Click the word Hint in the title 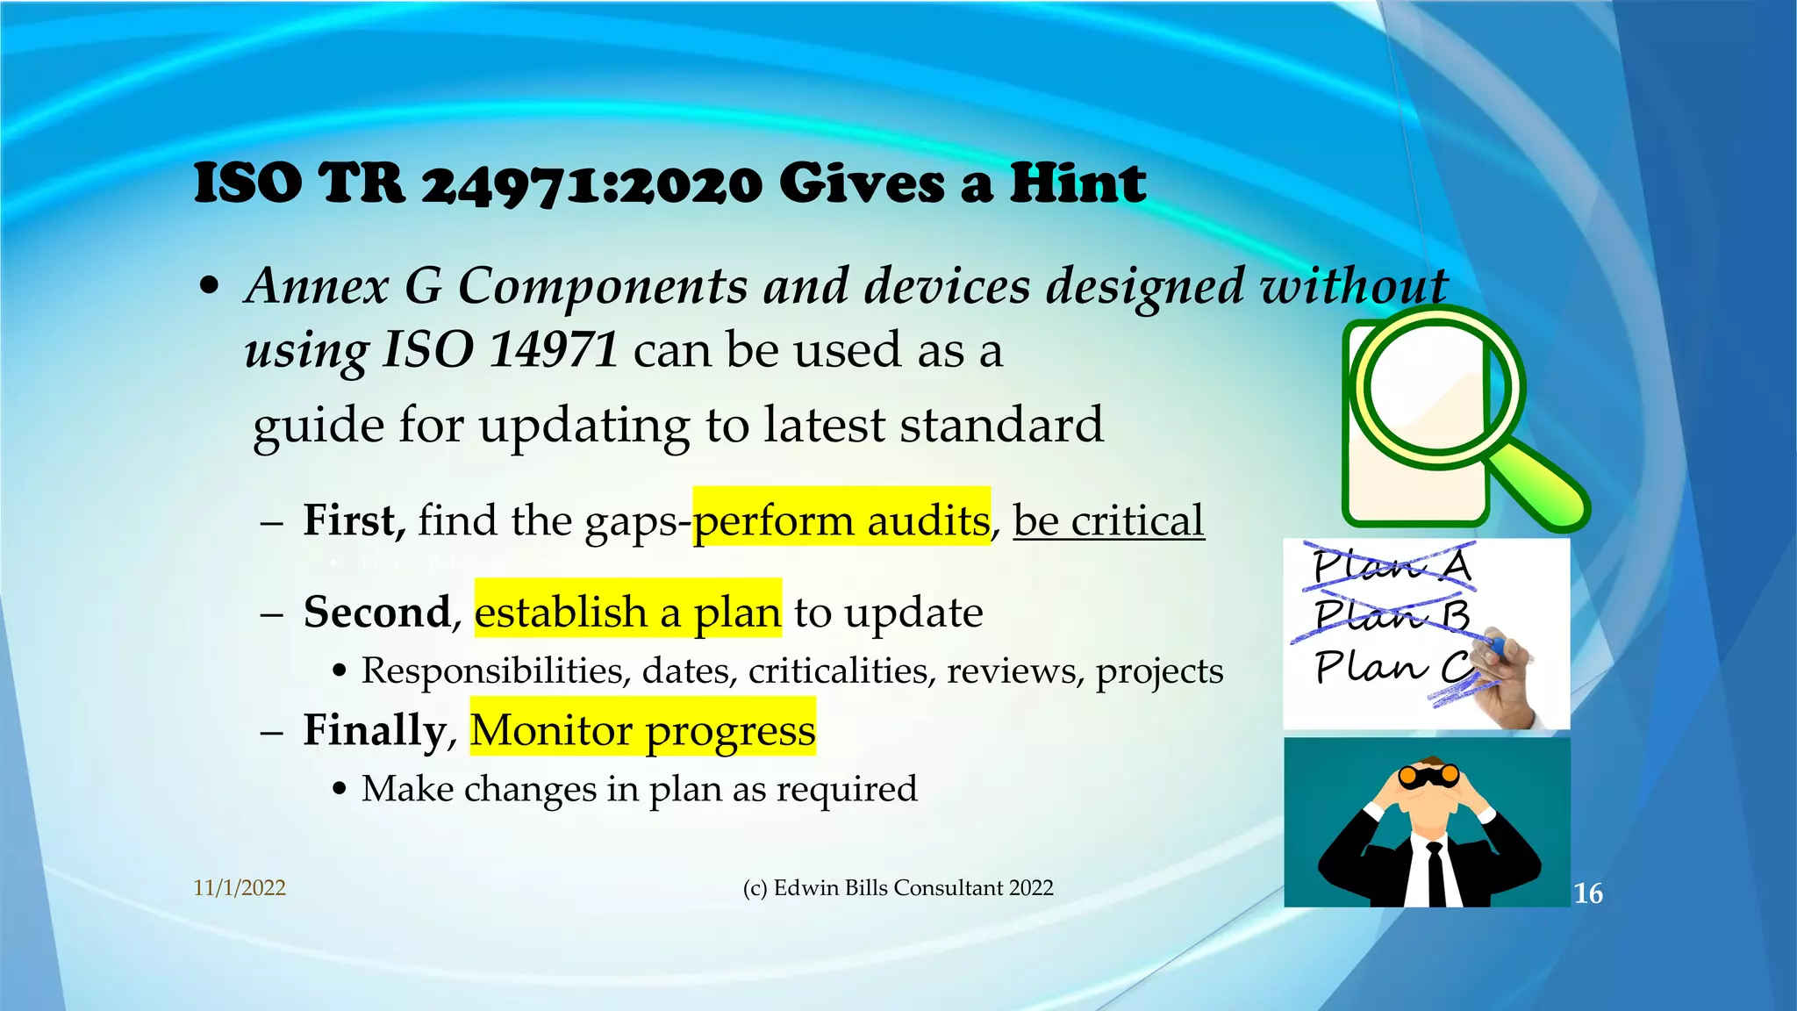coord(1077,183)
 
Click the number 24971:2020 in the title coord(592,185)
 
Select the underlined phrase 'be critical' coord(1108,520)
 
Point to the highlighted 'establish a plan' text coord(627,612)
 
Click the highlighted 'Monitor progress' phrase coord(642,729)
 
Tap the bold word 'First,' coord(354,520)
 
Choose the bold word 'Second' coord(376,612)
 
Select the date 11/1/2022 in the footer coord(240,887)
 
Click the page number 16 coord(1587,893)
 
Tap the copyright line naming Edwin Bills coord(898,887)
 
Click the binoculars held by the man coord(1428,776)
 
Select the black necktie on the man coord(1435,873)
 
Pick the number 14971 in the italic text coord(554,349)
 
